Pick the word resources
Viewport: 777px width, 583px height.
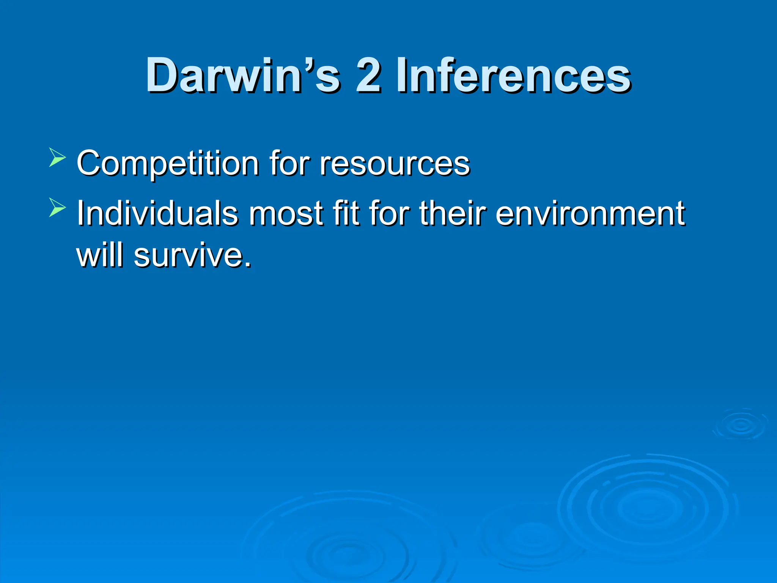(395, 164)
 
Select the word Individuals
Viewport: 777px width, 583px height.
(157, 213)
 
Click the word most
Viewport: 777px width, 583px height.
(286, 213)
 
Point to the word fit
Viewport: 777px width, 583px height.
(345, 213)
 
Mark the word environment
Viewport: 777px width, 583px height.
(590, 213)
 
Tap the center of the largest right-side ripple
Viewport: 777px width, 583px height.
(647, 507)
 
